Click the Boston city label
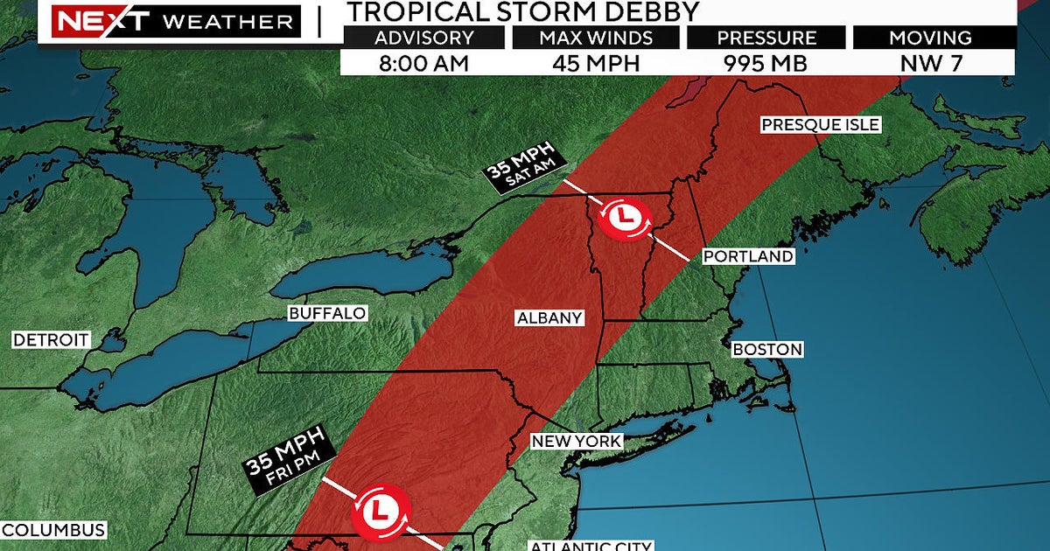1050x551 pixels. pyautogui.click(x=767, y=349)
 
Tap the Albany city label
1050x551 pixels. pyautogui.click(x=549, y=317)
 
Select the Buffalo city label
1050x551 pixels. pyautogui.click(x=326, y=313)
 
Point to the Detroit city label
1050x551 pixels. pyautogui.click(x=51, y=339)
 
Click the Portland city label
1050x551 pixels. pyautogui.click(x=748, y=256)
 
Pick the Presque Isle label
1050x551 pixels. pyautogui.click(x=819, y=124)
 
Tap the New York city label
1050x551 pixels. pyautogui.click(x=577, y=442)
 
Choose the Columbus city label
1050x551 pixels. pyautogui.click(x=53, y=530)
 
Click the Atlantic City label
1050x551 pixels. pyautogui.click(x=590, y=546)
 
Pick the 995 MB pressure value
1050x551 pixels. pyautogui.click(x=765, y=63)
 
